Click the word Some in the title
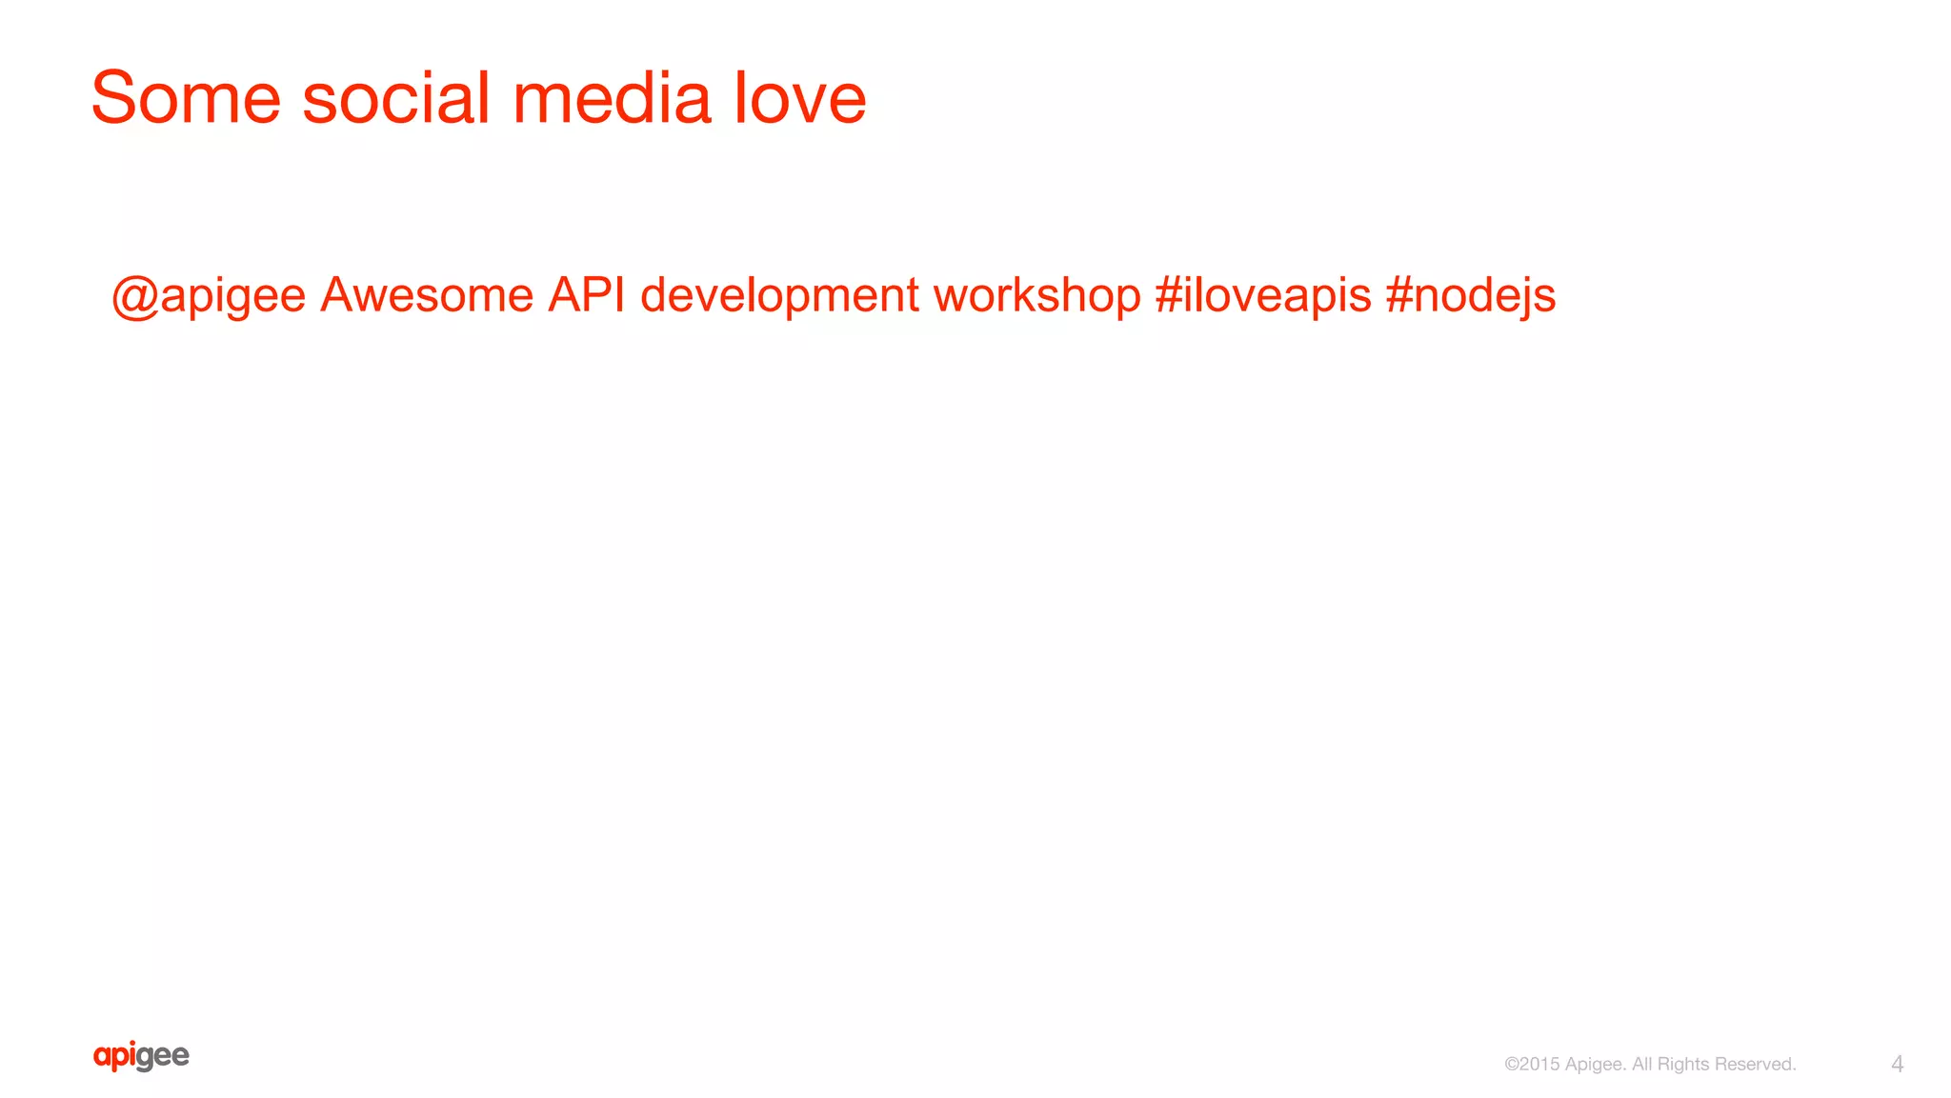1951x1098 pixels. (186, 98)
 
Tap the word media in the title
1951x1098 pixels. (612, 98)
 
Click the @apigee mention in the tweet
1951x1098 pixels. (209, 295)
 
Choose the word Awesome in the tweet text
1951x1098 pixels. (426, 294)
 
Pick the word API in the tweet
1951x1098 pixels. (586, 294)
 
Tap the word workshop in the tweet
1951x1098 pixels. (1036, 294)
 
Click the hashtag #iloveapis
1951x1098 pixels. (1262, 294)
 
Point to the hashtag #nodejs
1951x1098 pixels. (1470, 295)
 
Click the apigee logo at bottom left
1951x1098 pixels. (141, 1056)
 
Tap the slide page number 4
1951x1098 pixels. (1897, 1064)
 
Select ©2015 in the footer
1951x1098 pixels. (1532, 1065)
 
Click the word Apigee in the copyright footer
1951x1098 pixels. (1595, 1065)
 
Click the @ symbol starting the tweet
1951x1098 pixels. (134, 296)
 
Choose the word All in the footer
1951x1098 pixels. (1642, 1064)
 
